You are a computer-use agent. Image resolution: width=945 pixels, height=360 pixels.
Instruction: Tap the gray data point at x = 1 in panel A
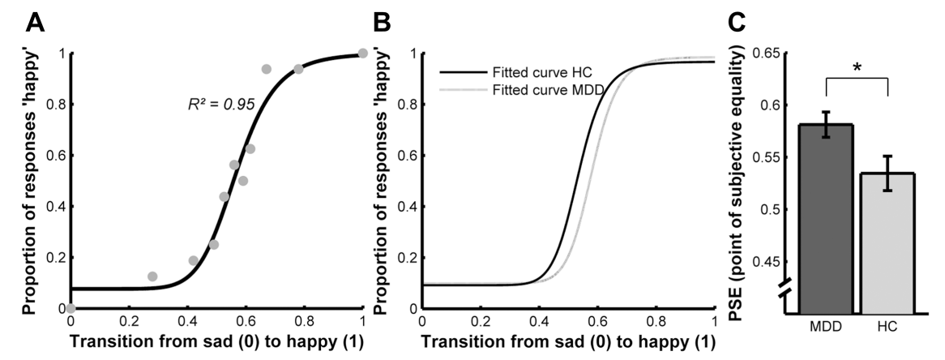click(x=362, y=54)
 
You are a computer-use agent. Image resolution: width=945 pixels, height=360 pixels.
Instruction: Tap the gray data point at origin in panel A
click(x=71, y=308)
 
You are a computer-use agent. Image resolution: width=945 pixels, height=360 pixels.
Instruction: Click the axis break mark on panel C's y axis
click(x=785, y=288)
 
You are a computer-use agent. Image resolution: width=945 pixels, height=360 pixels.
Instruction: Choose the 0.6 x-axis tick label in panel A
click(x=246, y=321)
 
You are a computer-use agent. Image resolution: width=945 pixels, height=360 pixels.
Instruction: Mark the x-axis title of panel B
click(x=567, y=341)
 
